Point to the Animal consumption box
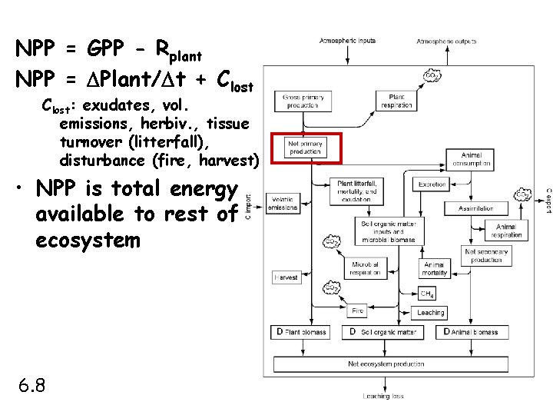pos(492,159)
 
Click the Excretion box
pos(432,184)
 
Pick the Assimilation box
pos(475,208)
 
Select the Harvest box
pos(286,277)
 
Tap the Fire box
pos(357,311)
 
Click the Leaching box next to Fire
pos(431,313)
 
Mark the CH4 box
pos(427,293)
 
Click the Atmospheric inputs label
pos(348,41)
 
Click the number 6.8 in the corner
pos(31,384)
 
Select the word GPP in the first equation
pos(107,51)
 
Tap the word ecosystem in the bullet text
pos(88,241)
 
